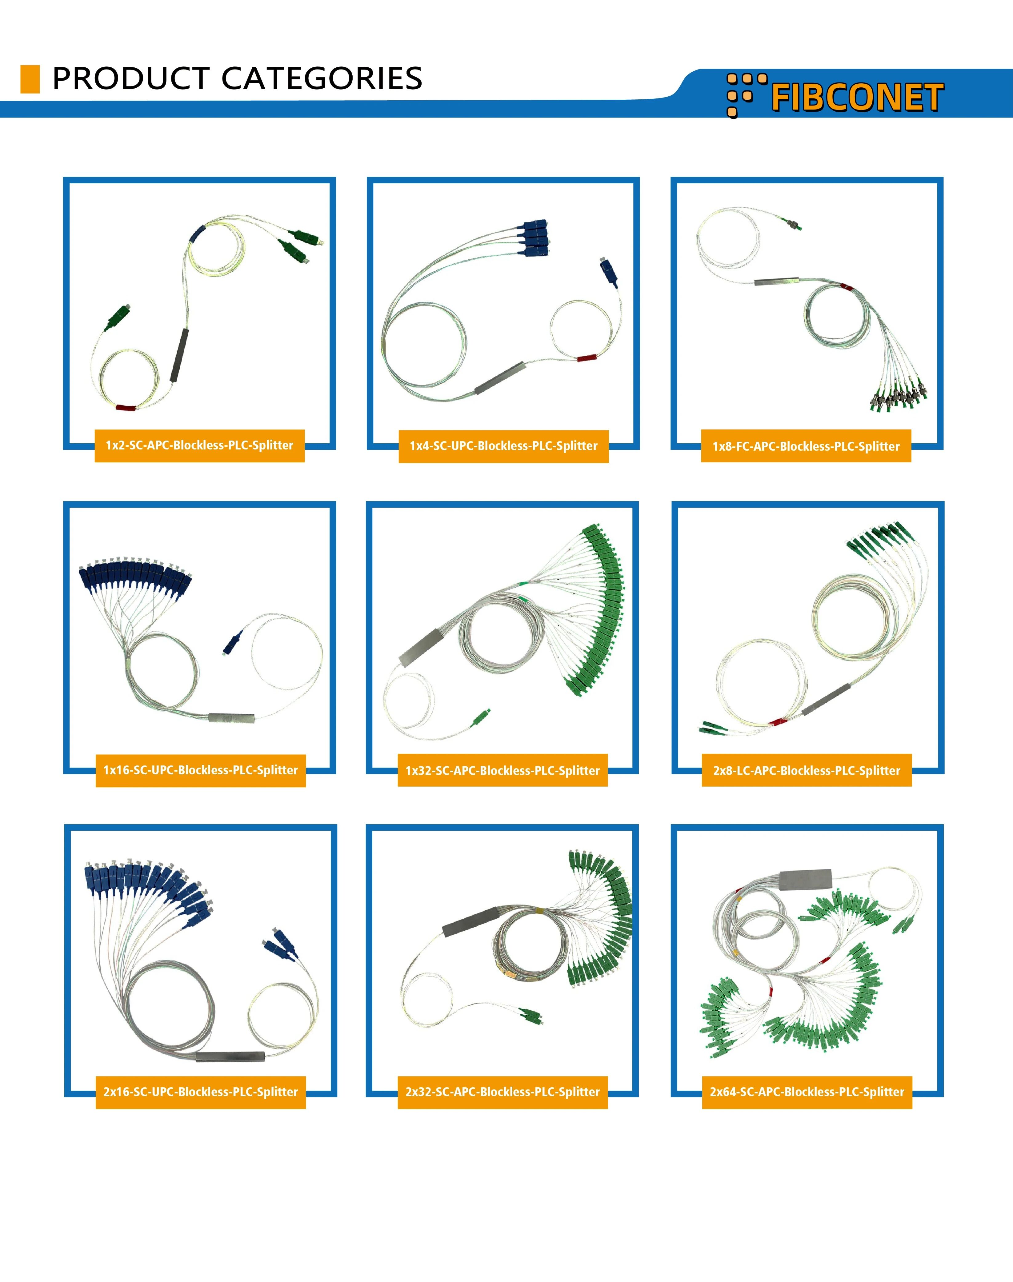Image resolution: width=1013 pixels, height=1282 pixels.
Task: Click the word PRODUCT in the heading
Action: tap(130, 78)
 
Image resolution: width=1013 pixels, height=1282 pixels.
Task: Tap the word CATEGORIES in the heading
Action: tap(322, 78)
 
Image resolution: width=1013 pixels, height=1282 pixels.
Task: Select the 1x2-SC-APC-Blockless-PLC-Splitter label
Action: tap(199, 445)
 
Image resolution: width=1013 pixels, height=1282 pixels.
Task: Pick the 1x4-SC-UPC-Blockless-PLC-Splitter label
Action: tap(503, 446)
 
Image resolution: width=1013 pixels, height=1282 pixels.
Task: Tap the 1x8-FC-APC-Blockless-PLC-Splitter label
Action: tap(806, 446)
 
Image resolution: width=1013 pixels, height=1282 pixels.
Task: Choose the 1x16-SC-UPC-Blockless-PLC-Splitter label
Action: tap(200, 770)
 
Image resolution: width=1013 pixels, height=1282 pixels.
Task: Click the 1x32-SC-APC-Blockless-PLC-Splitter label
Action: tap(502, 771)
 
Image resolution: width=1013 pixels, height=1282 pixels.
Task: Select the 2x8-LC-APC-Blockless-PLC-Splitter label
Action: tap(807, 771)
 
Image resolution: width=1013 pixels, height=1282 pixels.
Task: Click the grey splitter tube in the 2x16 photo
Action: tap(230, 1057)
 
